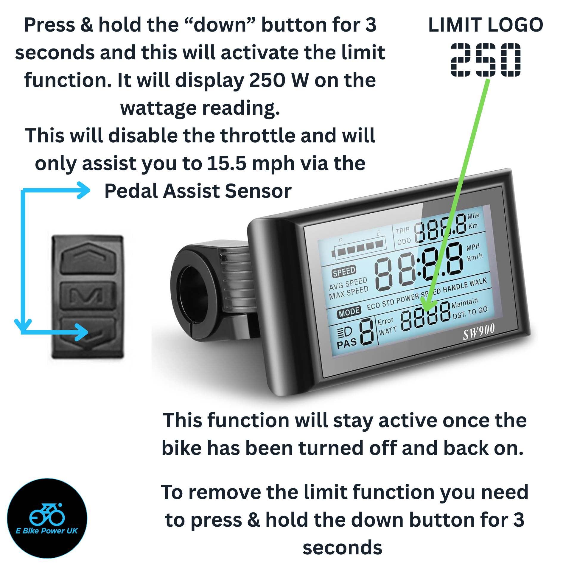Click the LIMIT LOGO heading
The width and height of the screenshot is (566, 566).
(x=486, y=25)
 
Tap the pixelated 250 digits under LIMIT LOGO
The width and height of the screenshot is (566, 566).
(x=486, y=60)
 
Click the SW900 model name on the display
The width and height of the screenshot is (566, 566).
(x=479, y=331)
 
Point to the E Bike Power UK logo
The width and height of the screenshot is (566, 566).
(x=47, y=518)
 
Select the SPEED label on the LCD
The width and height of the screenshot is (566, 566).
(x=344, y=271)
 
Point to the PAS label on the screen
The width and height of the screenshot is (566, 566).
(x=347, y=343)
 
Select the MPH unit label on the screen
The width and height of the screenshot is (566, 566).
(x=473, y=247)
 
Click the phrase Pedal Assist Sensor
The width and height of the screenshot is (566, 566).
(x=198, y=191)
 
